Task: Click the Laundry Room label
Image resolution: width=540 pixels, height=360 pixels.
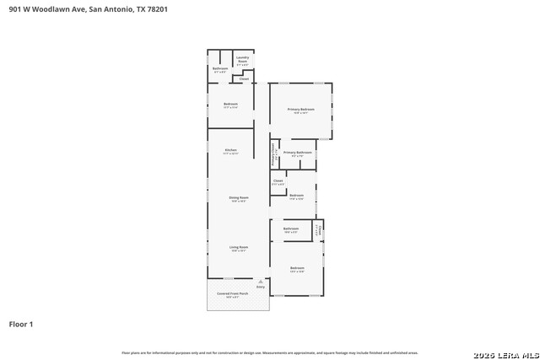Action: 242,60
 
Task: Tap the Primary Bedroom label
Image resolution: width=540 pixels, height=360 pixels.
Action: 301,110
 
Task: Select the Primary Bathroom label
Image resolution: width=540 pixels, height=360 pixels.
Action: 301,153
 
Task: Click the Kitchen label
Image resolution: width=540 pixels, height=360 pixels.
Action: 230,151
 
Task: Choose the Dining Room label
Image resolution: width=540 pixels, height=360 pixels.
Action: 239,199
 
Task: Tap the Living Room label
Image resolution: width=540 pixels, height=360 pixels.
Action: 239,248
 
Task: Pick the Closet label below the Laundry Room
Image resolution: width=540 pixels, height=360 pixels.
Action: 243,79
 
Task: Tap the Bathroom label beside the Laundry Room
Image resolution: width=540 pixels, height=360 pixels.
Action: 220,69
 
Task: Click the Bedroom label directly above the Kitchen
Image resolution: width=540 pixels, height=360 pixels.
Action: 230,105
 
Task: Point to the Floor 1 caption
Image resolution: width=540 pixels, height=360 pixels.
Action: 21,324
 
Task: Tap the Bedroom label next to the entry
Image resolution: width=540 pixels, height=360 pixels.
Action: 296,269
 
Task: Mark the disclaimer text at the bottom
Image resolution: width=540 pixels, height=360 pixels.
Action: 270,352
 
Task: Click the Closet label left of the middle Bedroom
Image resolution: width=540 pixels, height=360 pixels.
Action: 278,181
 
